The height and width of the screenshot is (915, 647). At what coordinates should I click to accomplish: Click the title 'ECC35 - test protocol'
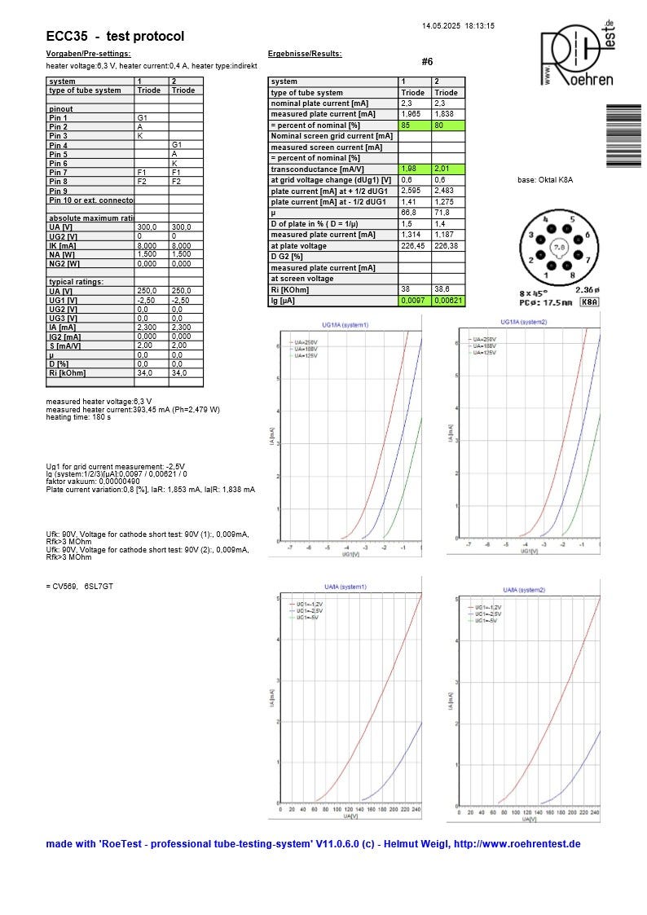click(x=115, y=37)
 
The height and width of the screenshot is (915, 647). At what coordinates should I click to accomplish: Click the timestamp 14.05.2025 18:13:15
click(x=458, y=26)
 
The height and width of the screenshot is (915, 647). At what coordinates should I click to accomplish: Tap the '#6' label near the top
click(x=428, y=62)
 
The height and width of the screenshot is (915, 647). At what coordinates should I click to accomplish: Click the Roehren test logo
click(x=577, y=55)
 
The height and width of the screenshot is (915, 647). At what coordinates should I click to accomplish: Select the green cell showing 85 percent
click(x=414, y=125)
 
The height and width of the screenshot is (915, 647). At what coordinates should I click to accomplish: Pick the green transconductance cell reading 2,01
click(x=447, y=169)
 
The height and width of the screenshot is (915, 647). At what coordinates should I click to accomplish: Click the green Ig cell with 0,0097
click(x=414, y=301)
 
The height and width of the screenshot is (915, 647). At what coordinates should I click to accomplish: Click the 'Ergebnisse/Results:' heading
click(x=305, y=54)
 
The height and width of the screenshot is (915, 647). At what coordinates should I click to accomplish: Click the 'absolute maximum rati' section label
click(x=90, y=218)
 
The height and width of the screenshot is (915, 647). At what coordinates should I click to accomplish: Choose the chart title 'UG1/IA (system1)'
click(x=346, y=325)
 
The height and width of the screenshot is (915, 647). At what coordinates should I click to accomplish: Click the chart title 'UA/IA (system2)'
click(x=525, y=589)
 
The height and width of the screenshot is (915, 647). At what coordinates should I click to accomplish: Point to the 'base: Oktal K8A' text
click(x=545, y=179)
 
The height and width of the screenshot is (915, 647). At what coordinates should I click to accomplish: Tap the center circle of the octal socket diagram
click(x=558, y=247)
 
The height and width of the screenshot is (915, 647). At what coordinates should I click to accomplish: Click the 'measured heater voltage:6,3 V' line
click(x=99, y=402)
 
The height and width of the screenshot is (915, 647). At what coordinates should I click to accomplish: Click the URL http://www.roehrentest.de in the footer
click(x=517, y=844)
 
